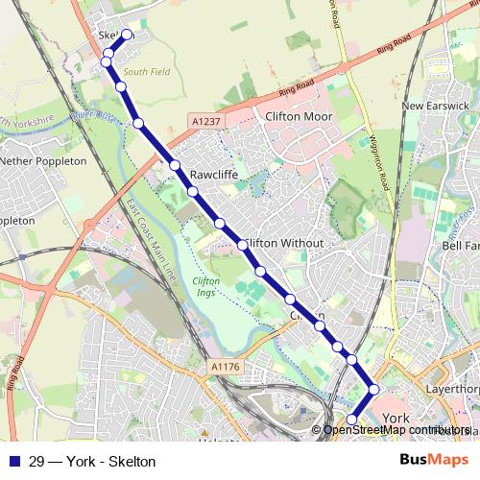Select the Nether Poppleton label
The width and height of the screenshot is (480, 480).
pos(43,161)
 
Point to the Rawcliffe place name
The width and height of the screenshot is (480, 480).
pos(213,176)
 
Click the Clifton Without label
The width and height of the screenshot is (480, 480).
pos(283,244)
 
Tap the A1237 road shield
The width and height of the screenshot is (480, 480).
pos(204,122)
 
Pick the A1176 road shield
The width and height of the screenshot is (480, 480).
pos(223,367)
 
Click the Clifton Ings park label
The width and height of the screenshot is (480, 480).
pos(206,286)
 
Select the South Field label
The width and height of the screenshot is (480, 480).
pos(145,72)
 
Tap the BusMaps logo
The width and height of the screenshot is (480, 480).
pos(435,461)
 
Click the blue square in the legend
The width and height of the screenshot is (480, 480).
pos(15,461)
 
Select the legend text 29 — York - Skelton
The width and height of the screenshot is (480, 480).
pos(92,461)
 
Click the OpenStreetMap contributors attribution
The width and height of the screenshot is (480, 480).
pos(396,430)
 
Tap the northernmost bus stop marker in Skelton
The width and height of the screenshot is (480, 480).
pos(126,36)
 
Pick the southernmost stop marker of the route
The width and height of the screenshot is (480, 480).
pos(351,420)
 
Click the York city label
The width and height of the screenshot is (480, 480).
pos(396,419)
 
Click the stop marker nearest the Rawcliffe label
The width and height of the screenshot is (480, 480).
pos(193,192)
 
